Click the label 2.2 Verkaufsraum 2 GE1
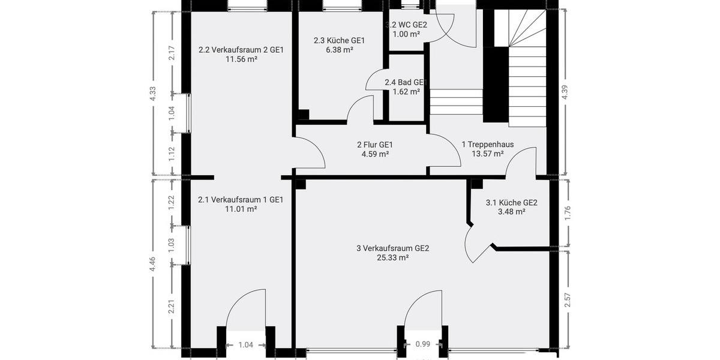pos(241,50)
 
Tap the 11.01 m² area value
pos(241,209)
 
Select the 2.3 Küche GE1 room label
pos(339,41)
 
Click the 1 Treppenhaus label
pos(488,145)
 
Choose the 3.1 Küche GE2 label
pos(511,203)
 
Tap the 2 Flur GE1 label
pos(374,145)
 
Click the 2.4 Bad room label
pos(406,82)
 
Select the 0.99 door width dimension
pos(423,344)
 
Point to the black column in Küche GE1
pos(304,114)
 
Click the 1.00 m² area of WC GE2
pos(406,34)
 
